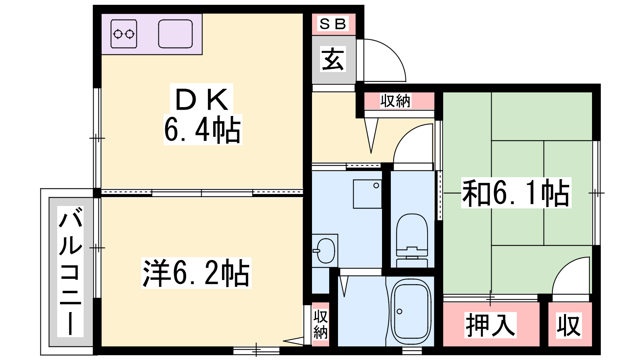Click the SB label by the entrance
click(333, 24)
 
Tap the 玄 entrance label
click(333, 59)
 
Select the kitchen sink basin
click(175, 34)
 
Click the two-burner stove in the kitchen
click(124, 34)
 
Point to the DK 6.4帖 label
click(202, 114)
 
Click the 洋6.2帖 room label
click(196, 273)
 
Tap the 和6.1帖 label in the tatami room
click(516, 192)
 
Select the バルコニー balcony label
click(70, 272)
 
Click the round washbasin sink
click(326, 251)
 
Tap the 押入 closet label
click(490, 325)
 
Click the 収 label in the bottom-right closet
click(569, 326)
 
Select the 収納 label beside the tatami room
click(396, 101)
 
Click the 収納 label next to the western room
click(320, 324)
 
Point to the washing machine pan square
click(368, 194)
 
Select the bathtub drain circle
click(400, 312)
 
